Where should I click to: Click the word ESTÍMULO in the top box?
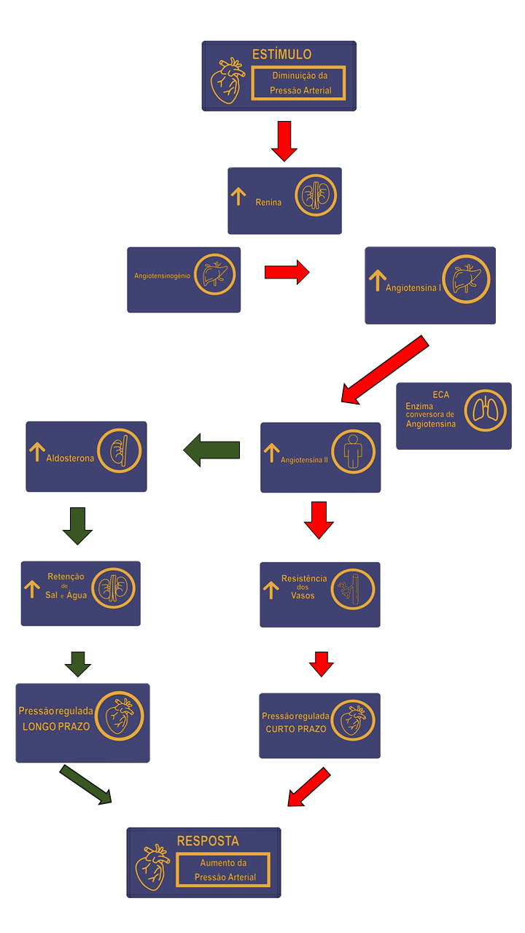(281, 55)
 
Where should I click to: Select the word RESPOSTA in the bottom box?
(208, 840)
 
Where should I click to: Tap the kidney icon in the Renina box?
(316, 195)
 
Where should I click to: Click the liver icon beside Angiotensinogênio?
(214, 274)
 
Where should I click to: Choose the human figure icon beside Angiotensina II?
(354, 452)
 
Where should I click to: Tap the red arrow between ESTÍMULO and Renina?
(284, 141)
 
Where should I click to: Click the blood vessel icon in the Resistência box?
(353, 588)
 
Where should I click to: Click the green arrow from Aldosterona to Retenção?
(77, 525)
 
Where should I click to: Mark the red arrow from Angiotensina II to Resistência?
(319, 519)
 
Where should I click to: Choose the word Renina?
(268, 202)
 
